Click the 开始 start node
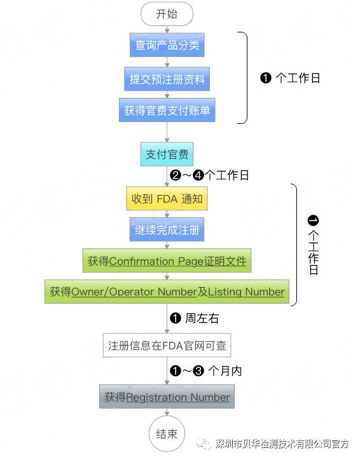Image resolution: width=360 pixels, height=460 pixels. pos(167,13)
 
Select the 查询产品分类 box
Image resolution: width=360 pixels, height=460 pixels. pos(167,46)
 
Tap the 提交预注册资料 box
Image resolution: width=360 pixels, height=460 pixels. pos(167,79)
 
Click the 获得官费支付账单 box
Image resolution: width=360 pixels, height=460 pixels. pos(167,110)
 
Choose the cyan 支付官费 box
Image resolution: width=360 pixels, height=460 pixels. pos(167,154)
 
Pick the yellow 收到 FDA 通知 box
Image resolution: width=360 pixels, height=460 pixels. pos(167,199)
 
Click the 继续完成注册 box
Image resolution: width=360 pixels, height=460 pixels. pos(167,229)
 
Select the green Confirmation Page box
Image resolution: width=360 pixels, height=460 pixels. pos(167,260)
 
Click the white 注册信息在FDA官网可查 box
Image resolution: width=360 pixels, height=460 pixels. pos(167,346)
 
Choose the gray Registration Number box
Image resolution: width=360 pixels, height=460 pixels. pos(167,397)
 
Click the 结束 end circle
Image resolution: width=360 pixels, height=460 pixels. pos(167,434)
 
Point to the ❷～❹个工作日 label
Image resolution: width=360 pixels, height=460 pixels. pos(210,176)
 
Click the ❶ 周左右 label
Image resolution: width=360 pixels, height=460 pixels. pos(195,318)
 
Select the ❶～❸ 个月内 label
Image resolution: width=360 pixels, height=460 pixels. pos(206,370)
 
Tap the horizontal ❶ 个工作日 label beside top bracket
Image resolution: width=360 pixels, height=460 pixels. pos(290,78)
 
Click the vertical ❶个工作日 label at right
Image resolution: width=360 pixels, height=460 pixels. pos(312,245)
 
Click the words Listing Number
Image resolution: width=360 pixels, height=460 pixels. pos(246,292)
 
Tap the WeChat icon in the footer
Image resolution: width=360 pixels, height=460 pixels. pos(202,443)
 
